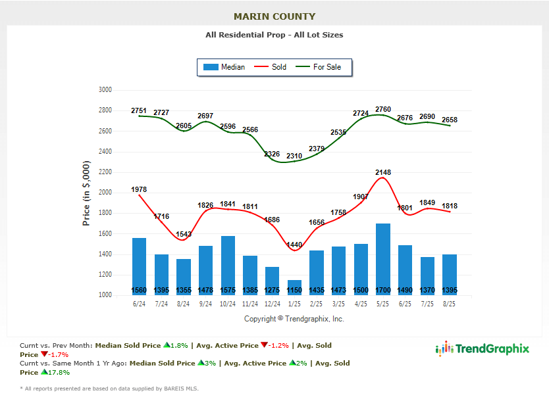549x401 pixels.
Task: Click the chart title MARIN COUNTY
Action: (x=274, y=16)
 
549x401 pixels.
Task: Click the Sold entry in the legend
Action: (x=271, y=67)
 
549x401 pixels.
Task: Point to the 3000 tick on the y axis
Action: (x=105, y=90)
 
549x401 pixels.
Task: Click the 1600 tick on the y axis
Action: (x=105, y=234)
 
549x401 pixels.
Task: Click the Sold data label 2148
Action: (x=383, y=172)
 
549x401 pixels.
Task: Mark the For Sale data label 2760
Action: (x=383, y=109)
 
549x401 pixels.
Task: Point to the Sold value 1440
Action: (x=294, y=245)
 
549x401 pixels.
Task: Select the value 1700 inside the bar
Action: (x=383, y=291)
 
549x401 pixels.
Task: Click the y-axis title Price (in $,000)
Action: (x=86, y=193)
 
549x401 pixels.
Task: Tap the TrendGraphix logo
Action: (x=483, y=349)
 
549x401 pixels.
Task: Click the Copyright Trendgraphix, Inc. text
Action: (x=294, y=319)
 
